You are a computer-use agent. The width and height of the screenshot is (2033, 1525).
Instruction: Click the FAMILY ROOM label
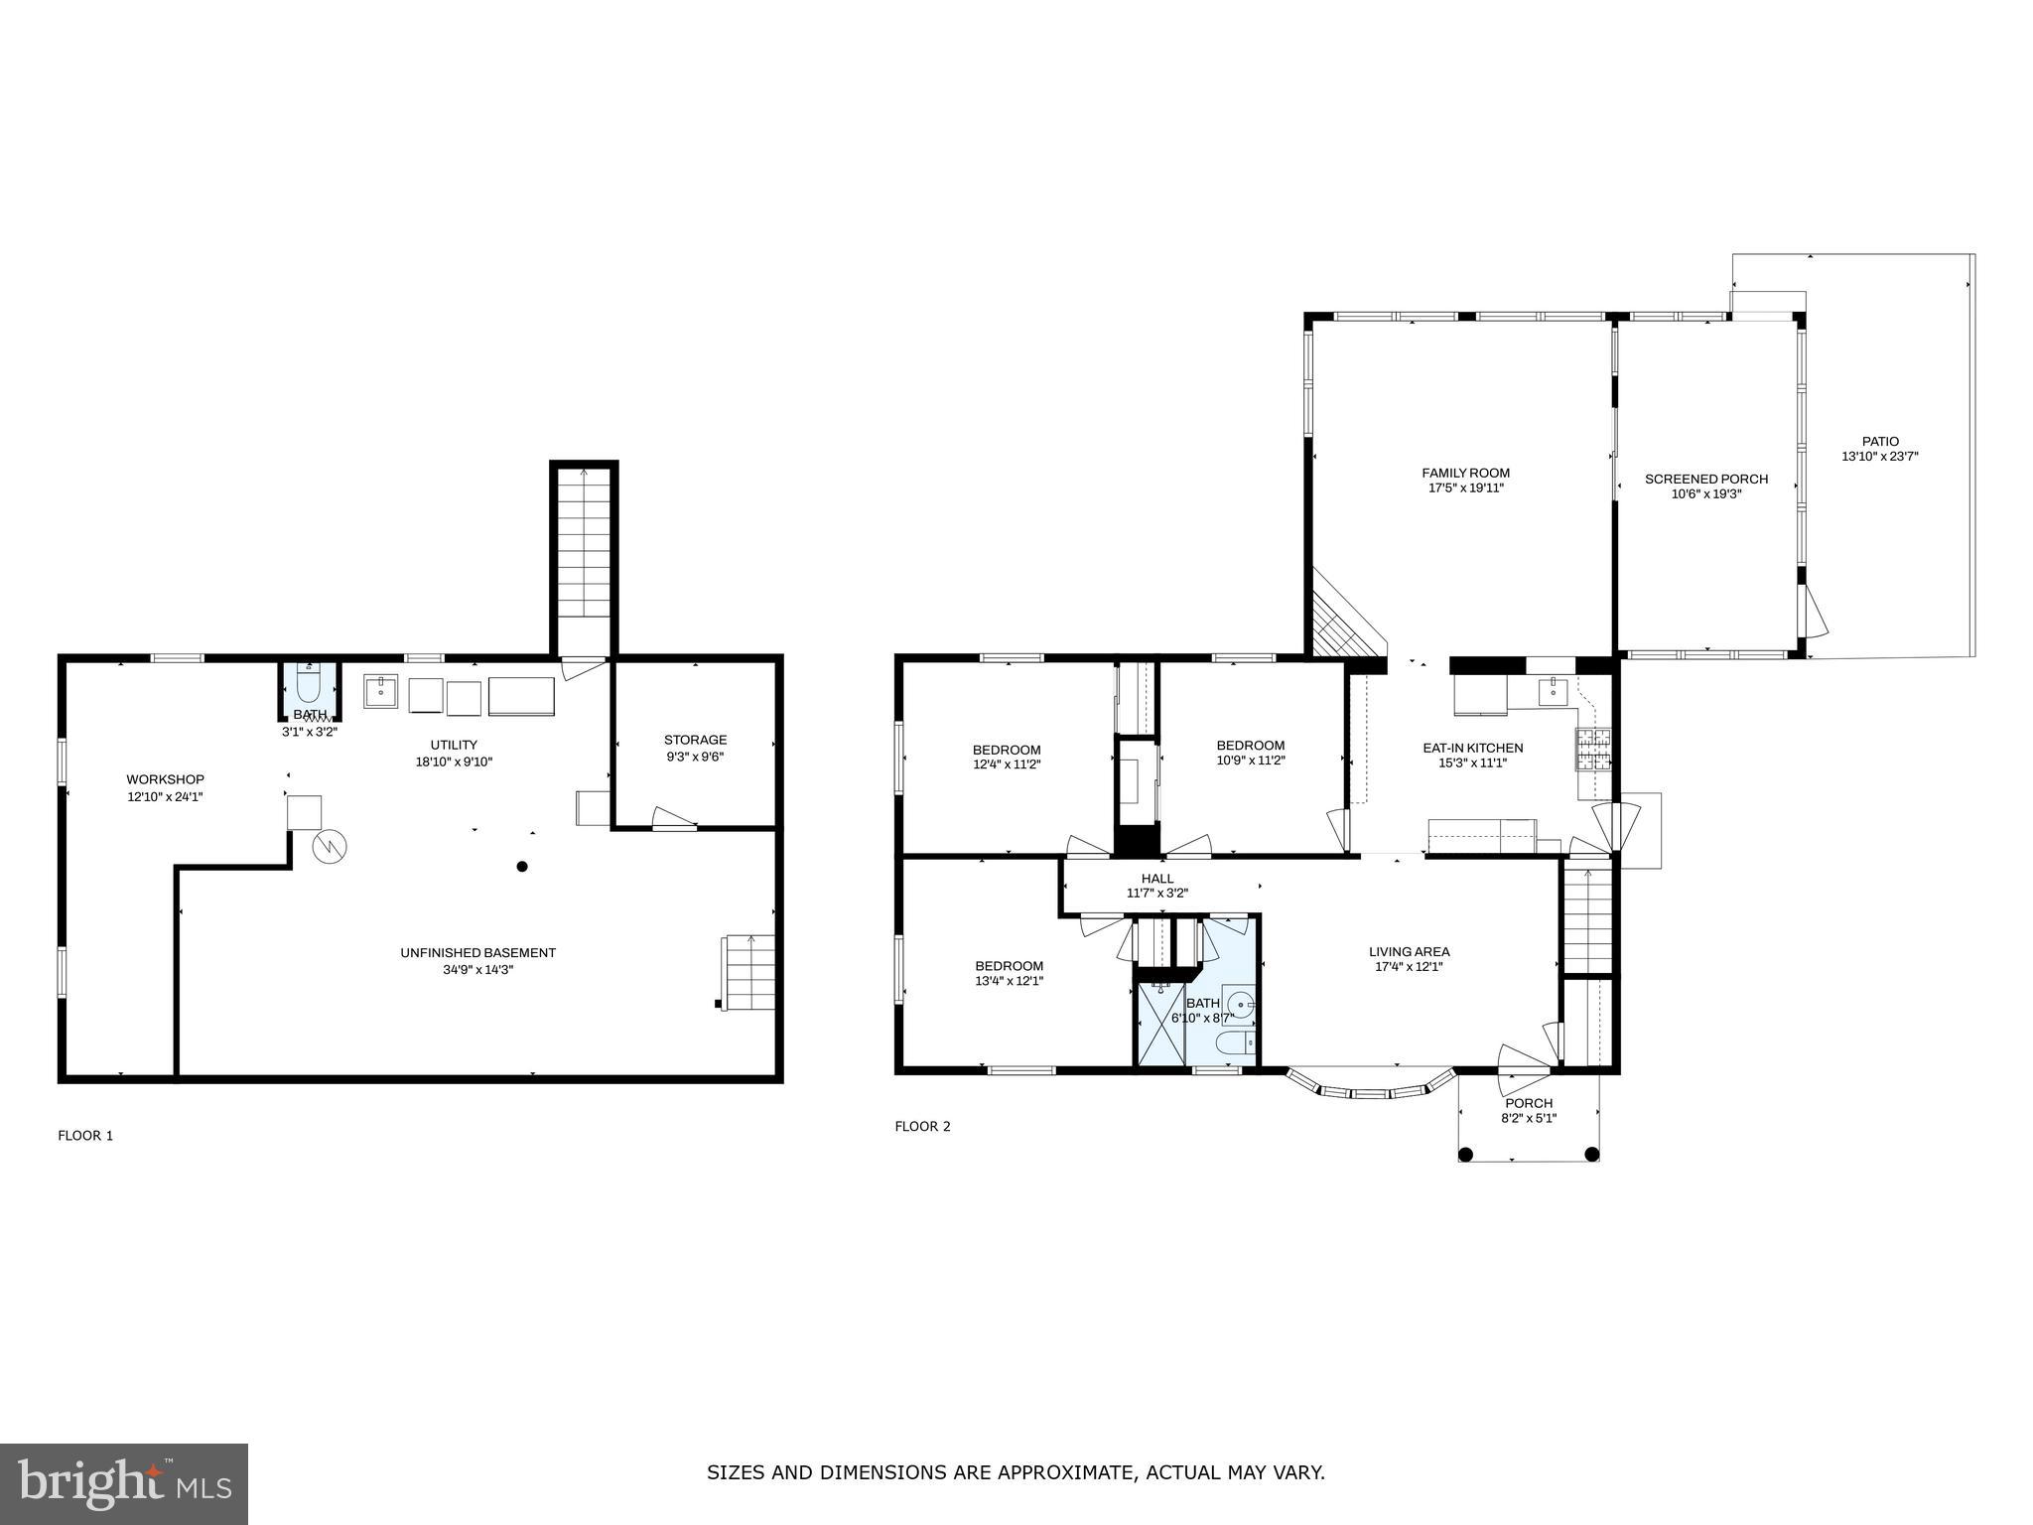click(x=1465, y=473)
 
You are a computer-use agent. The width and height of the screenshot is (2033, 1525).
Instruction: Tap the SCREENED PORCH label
click(x=1705, y=479)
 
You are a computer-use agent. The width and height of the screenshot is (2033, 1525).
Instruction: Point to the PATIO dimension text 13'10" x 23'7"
click(x=1879, y=457)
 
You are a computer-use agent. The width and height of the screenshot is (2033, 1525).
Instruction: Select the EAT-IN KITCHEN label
click(x=1472, y=748)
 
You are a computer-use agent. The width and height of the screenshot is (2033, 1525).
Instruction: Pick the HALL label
click(x=1156, y=878)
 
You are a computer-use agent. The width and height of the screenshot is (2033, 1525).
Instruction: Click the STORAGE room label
click(x=695, y=740)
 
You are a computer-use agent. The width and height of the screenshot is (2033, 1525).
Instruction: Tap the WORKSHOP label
click(x=165, y=779)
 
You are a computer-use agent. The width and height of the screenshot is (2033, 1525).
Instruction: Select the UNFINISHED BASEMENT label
click(x=477, y=952)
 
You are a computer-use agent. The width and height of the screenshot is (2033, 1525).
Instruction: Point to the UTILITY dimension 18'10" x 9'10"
click(x=454, y=762)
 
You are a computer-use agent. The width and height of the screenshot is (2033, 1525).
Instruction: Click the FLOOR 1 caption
click(x=85, y=1135)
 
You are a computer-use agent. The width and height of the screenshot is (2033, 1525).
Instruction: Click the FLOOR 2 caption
click(x=922, y=1126)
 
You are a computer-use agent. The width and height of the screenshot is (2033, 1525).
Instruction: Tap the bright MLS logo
click(x=124, y=1484)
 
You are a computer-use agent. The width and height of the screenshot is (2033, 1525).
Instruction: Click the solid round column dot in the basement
click(x=522, y=867)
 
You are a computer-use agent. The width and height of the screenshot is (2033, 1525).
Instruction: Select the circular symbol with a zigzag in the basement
click(x=330, y=846)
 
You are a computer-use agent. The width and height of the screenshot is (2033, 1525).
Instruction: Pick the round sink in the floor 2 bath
click(x=1237, y=1004)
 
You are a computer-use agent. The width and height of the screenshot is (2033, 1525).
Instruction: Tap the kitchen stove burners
click(x=1592, y=751)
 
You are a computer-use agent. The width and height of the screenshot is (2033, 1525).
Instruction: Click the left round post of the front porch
click(x=1466, y=1154)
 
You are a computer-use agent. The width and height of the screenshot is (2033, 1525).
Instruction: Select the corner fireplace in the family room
click(x=1340, y=621)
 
